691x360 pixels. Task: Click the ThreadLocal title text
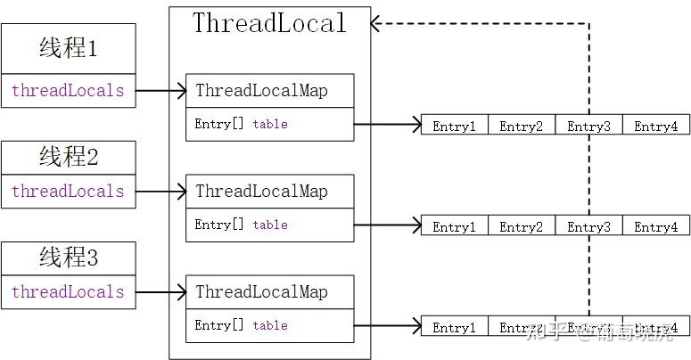pyautogui.click(x=269, y=23)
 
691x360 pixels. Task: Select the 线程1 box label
pyautogui.click(x=69, y=49)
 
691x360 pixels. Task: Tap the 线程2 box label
pyautogui.click(x=69, y=158)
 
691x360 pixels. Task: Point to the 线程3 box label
pyautogui.click(x=69, y=259)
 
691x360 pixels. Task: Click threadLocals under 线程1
pyautogui.click(x=68, y=91)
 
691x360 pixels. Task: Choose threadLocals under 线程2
pyautogui.click(x=68, y=192)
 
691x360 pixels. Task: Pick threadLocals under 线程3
pyautogui.click(x=68, y=292)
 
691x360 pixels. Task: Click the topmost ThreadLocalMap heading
pyautogui.click(x=261, y=91)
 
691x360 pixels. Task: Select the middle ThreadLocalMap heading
pyautogui.click(x=261, y=192)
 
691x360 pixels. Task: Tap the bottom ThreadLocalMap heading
pyautogui.click(x=261, y=292)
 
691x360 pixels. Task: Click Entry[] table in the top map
pyautogui.click(x=242, y=125)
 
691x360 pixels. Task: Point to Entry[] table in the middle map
pyautogui.click(x=242, y=225)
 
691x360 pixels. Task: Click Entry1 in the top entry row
pyautogui.click(x=454, y=127)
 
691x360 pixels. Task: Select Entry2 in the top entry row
pyautogui.click(x=521, y=127)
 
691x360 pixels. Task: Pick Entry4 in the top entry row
pyautogui.click(x=655, y=127)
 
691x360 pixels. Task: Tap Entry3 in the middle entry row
pyautogui.click(x=588, y=227)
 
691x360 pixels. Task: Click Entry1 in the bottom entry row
pyautogui.click(x=454, y=328)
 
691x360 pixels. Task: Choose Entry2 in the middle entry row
pyautogui.click(x=521, y=227)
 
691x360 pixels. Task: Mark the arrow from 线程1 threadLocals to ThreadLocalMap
pyautogui.click(x=160, y=91)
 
